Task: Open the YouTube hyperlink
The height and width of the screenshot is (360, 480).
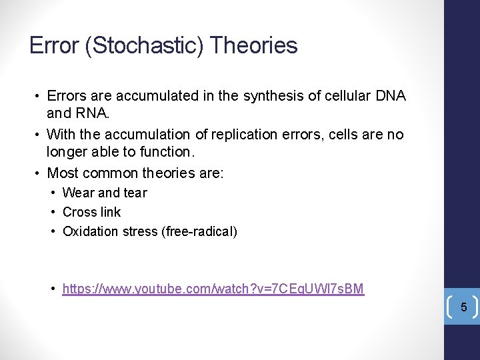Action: click(x=213, y=289)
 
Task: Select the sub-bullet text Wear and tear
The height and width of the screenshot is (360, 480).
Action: click(x=105, y=193)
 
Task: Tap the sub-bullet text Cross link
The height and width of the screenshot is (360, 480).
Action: click(x=92, y=212)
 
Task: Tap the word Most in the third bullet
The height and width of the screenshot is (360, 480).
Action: click(x=63, y=173)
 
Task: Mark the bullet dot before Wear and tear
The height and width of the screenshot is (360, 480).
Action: click(x=53, y=193)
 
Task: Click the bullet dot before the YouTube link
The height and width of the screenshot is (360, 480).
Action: click(x=53, y=289)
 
